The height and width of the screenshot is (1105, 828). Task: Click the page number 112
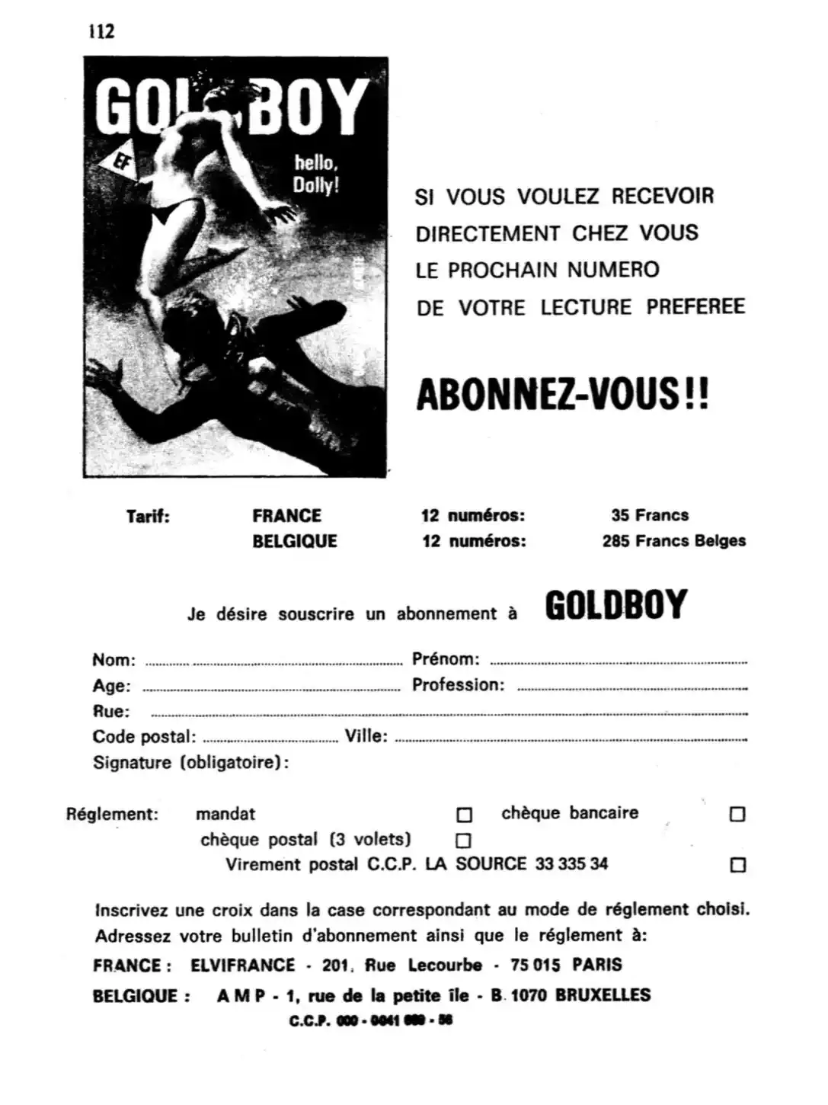coord(101,31)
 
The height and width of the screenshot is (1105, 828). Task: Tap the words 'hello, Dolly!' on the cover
coord(315,174)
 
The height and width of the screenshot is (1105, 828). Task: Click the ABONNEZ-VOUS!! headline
coord(562,394)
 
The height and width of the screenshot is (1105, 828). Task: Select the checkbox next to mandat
coord(464,815)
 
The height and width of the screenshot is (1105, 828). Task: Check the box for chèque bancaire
coord(737,814)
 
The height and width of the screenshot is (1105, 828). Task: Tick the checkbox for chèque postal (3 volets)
coord(463,841)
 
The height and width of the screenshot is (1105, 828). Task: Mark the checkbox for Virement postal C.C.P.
coord(737,865)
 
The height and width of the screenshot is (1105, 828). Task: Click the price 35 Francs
coord(649,515)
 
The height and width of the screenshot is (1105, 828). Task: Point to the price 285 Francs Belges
coord(673,541)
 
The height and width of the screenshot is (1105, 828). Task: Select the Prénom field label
coord(446,659)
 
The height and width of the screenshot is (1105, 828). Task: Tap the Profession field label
coord(458,685)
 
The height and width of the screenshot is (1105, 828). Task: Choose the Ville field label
coord(366,737)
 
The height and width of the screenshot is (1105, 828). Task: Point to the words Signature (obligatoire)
coord(190,763)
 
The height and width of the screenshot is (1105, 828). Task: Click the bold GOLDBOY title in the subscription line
coord(616,605)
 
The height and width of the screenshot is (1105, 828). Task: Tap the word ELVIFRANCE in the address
coord(242,965)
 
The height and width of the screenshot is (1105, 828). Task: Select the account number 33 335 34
coord(571,864)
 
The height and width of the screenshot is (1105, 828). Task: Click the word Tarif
coord(148,516)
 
